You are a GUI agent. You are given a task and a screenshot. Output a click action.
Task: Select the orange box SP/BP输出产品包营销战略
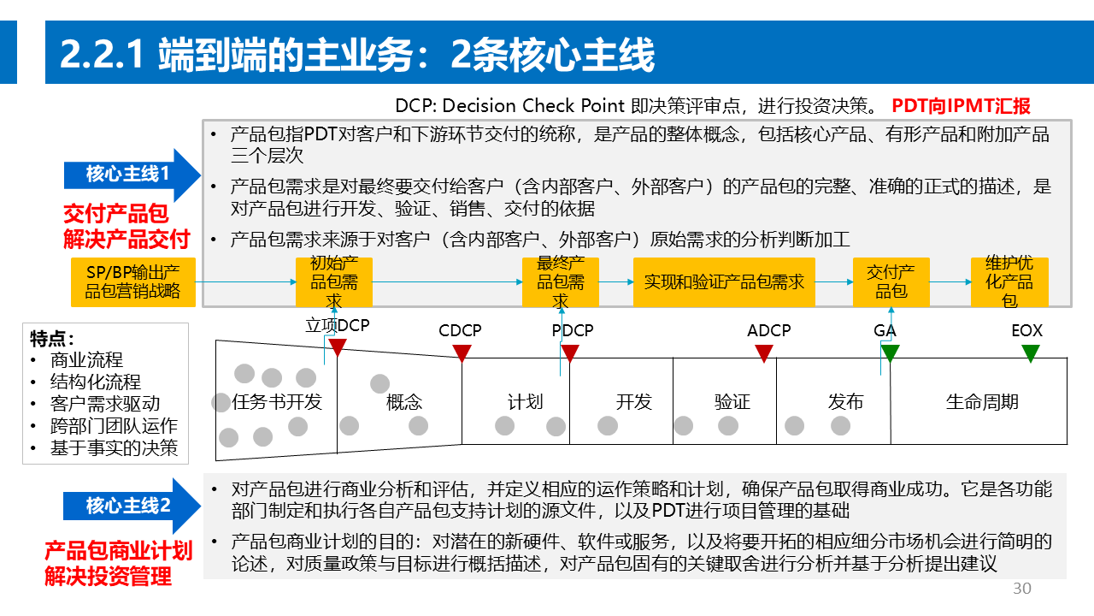click(133, 282)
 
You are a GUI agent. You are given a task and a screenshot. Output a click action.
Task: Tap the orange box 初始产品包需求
click(334, 282)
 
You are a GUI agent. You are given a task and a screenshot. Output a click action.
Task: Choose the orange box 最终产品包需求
click(561, 282)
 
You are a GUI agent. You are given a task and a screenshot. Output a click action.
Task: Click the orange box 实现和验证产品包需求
click(724, 282)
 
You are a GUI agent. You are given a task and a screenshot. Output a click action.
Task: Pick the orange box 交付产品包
click(891, 282)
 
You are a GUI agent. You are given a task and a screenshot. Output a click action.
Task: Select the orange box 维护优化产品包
click(1009, 282)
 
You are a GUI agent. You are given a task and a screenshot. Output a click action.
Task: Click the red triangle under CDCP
click(462, 352)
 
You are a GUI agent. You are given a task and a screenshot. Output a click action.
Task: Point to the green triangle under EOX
click(1030, 352)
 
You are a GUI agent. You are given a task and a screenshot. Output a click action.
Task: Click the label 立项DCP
click(338, 326)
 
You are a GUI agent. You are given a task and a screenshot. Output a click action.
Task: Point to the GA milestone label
click(885, 330)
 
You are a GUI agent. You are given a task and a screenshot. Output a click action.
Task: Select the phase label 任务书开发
click(277, 402)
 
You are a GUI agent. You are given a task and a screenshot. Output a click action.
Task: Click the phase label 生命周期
click(982, 402)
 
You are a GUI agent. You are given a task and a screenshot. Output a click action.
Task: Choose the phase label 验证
click(732, 402)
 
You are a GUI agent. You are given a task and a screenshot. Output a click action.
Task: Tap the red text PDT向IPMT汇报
click(962, 106)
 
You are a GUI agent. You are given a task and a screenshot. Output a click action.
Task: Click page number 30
click(1022, 589)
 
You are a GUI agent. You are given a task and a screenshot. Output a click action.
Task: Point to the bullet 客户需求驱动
click(105, 404)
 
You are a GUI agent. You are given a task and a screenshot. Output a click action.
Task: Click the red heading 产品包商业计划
click(119, 551)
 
